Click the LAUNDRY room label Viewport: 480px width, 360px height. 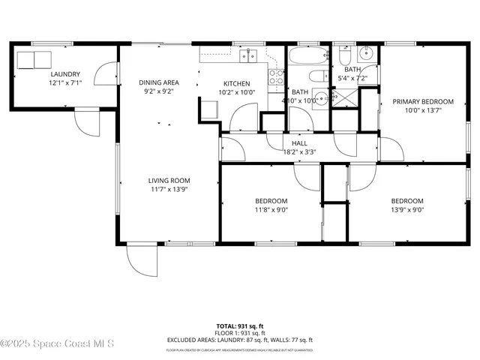coord(65,74)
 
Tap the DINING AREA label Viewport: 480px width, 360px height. coord(158,82)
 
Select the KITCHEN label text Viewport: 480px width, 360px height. coord(237,83)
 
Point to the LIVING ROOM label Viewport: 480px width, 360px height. coord(168,180)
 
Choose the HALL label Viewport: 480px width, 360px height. coord(299,142)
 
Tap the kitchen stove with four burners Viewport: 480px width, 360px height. coord(276,76)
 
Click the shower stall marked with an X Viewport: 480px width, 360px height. coord(346,97)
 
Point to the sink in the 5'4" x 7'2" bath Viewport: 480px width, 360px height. coord(367,53)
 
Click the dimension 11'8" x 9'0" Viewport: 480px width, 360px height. coord(271,211)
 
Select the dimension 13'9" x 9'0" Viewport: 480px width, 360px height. coord(407,211)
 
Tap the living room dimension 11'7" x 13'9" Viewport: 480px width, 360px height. coord(168,190)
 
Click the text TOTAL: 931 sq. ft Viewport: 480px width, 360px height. coord(240,326)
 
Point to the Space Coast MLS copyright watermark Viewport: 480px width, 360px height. coord(57,344)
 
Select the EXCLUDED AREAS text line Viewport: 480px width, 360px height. coord(240,340)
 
